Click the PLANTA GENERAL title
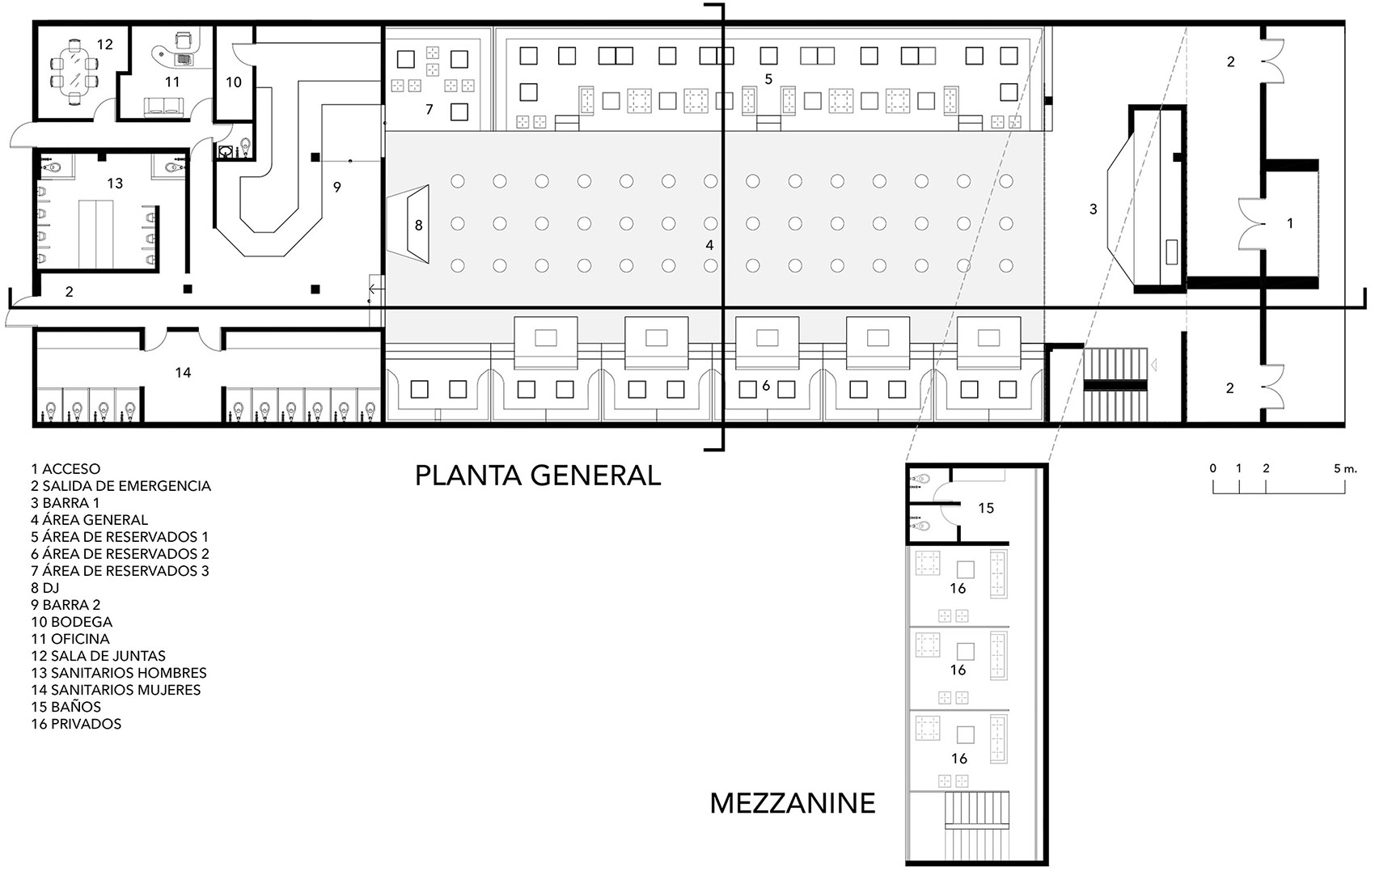click(x=538, y=476)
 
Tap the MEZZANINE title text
click(x=793, y=804)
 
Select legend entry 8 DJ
click(x=44, y=587)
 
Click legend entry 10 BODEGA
click(x=72, y=622)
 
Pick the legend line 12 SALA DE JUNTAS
click(x=98, y=656)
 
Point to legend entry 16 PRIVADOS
click(x=76, y=724)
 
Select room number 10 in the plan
click(x=233, y=82)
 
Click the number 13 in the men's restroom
click(x=115, y=183)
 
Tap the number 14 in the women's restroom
click(x=183, y=372)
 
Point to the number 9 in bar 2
click(x=337, y=187)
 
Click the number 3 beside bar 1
click(x=1094, y=209)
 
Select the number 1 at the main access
click(x=1290, y=223)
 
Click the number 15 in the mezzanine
click(x=986, y=508)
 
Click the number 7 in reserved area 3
click(x=429, y=109)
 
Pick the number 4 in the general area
click(x=709, y=246)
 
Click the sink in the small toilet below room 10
click(x=226, y=151)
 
